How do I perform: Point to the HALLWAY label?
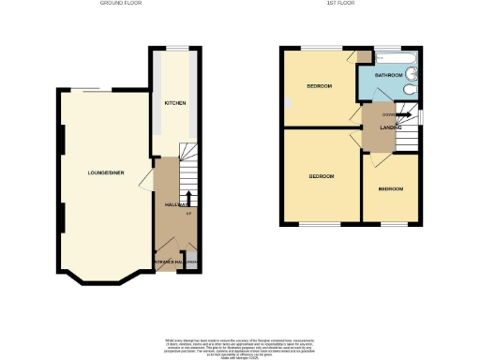[177, 204]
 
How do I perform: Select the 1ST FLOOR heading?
[350, 4]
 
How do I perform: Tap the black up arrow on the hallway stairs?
[190, 198]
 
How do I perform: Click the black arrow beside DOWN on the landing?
[405, 116]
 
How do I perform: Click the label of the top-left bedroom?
[320, 86]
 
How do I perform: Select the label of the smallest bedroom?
[391, 189]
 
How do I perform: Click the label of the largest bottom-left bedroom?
[322, 175]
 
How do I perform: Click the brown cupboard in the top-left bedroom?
[363, 56]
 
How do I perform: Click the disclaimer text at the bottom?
[241, 345]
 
